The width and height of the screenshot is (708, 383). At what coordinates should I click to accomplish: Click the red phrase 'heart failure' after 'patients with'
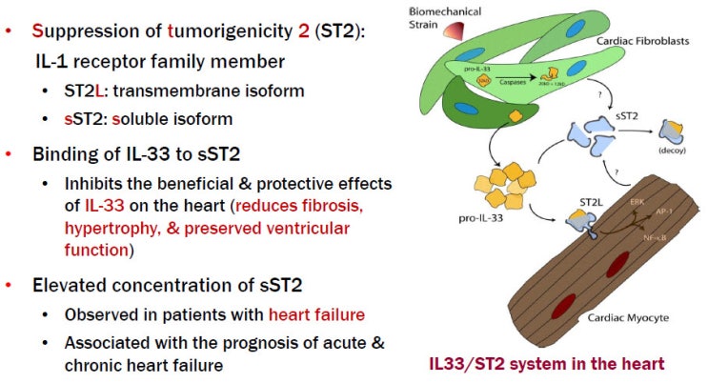[x=314, y=314]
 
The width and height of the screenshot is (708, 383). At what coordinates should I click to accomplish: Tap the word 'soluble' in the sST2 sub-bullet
[x=158, y=121]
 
